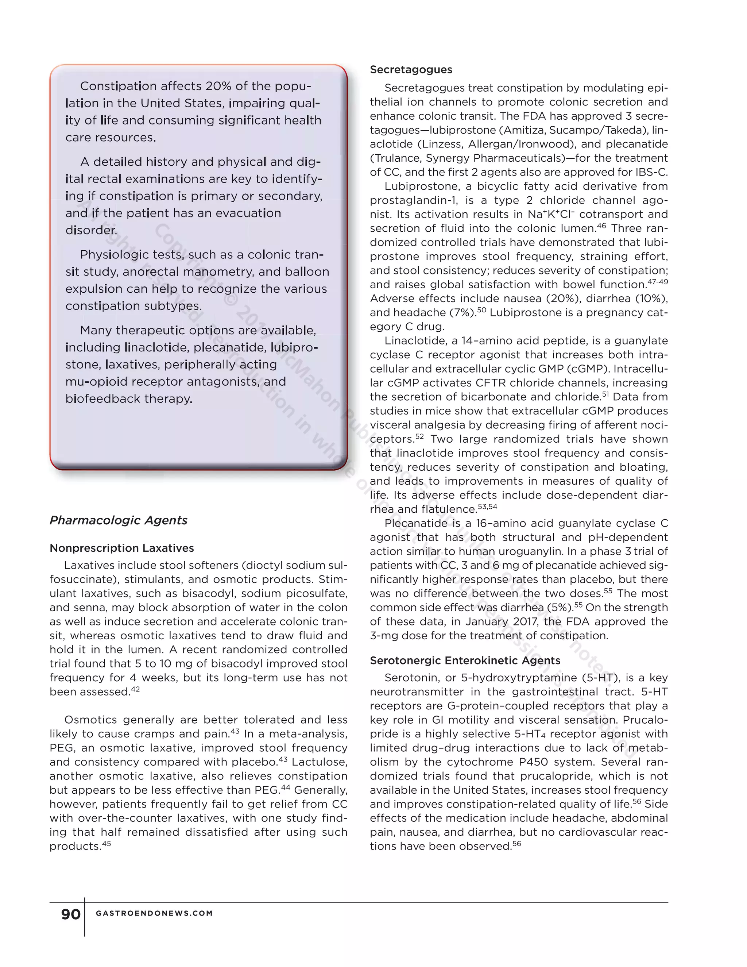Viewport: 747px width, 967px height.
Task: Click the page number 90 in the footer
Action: pos(71,914)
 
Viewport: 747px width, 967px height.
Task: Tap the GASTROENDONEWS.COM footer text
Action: pos(154,913)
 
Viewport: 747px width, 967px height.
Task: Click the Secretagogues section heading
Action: pos(411,69)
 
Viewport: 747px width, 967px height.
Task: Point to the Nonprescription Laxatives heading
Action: pos(122,548)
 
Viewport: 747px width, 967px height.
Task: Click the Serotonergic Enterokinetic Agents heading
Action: pos(465,660)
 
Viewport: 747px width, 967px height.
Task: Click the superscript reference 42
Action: pos(135,689)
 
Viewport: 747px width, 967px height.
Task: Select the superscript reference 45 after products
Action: pos(107,843)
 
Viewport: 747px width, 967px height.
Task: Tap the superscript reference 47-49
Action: pos(658,282)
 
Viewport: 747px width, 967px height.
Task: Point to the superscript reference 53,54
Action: pos(488,506)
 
